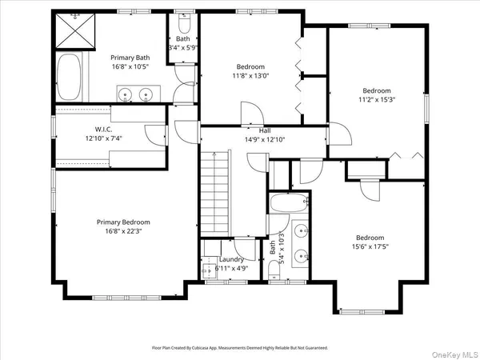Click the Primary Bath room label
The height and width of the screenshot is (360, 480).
point(130,57)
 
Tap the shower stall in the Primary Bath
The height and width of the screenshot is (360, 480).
point(74,31)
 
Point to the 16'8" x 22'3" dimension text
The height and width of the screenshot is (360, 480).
point(123,231)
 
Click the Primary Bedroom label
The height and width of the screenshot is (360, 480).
point(123,222)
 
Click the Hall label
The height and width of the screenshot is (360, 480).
point(264,130)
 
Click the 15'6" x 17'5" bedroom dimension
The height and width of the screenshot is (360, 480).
point(370,246)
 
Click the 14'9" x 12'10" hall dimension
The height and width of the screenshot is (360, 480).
point(264,138)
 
